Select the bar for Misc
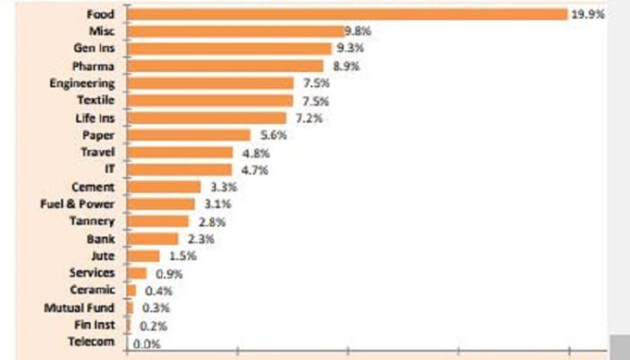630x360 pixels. coord(236,31)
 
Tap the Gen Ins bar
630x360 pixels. coord(229,49)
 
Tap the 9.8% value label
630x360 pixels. coord(357,31)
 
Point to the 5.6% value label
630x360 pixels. coord(266,135)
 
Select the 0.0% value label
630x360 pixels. coord(146,343)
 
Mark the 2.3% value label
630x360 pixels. coord(194,238)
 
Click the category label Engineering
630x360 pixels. coord(82,84)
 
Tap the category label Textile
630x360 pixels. coord(95,101)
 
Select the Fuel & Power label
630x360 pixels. coord(77,204)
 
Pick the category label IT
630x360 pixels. coord(110,170)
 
